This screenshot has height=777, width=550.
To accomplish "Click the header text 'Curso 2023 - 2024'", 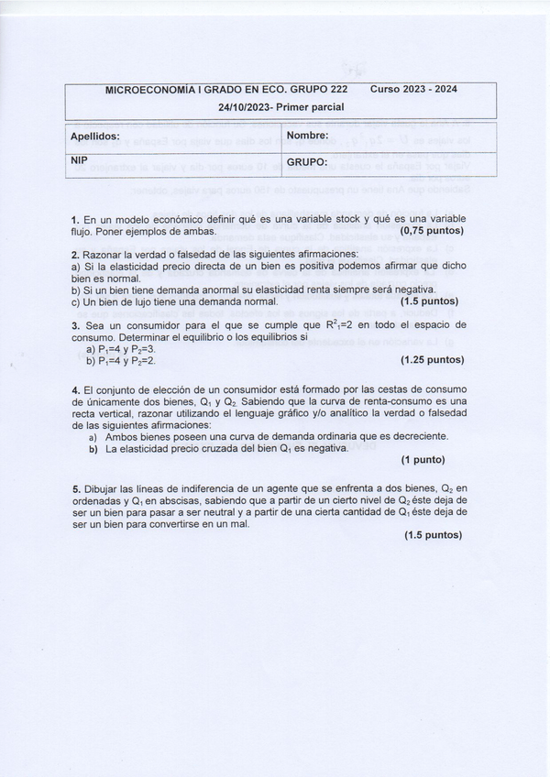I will tap(413, 90).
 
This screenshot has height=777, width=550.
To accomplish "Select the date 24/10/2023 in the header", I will tap(246, 107).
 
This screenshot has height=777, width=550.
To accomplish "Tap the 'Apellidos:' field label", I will tap(95, 137).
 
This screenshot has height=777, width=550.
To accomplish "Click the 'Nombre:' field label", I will tap(307, 136).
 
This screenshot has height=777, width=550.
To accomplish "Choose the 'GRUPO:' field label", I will tap(307, 162).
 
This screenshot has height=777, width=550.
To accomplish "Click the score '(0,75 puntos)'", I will tap(432, 231).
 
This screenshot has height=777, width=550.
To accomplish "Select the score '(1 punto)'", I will tap(423, 460).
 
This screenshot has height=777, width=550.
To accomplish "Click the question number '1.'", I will tap(75, 220).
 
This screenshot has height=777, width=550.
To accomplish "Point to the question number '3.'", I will tap(75, 325).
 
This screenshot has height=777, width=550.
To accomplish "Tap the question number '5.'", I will tap(75, 489).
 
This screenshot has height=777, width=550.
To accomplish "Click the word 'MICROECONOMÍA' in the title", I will tap(146, 90).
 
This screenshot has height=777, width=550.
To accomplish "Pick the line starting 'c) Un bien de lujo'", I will tap(174, 301).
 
